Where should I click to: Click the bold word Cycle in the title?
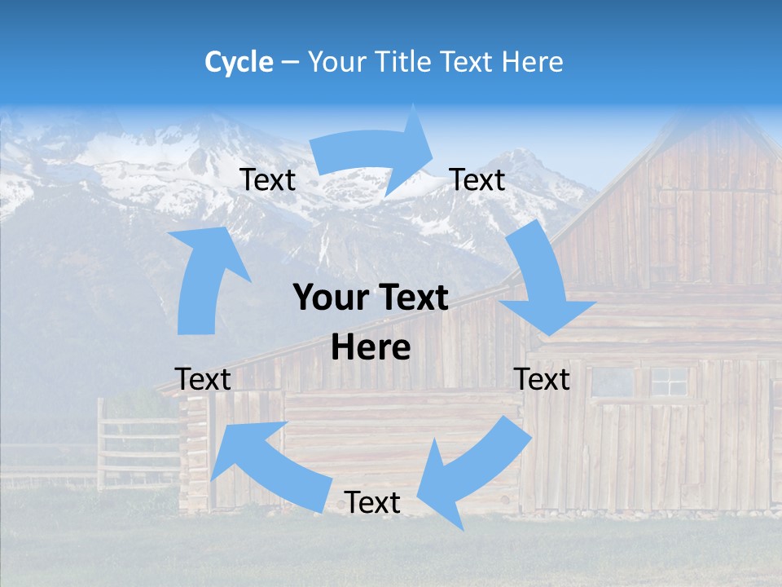239,62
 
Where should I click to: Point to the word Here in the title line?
533,62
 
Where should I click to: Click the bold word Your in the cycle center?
329,298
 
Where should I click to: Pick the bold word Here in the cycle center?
371,348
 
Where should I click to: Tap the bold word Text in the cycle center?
412,298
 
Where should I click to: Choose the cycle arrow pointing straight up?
204,278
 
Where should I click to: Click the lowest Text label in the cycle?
372,502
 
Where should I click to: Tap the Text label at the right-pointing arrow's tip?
477,179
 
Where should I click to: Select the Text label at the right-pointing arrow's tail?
268,179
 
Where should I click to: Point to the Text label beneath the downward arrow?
542,379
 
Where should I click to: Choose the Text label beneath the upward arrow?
203,379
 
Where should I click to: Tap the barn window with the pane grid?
668,381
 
